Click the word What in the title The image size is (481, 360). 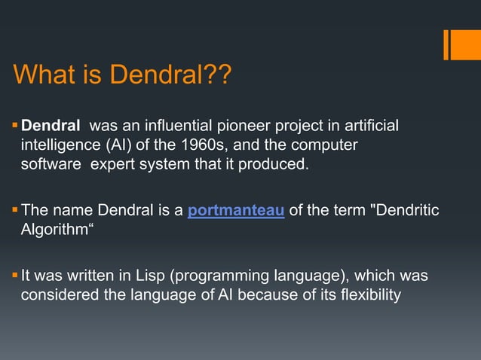pyautogui.click(x=44, y=75)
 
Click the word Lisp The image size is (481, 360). pyautogui.click(x=145, y=276)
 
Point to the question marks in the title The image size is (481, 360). pyautogui.click(x=218, y=75)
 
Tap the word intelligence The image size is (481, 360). pyautogui.click(x=56, y=144)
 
